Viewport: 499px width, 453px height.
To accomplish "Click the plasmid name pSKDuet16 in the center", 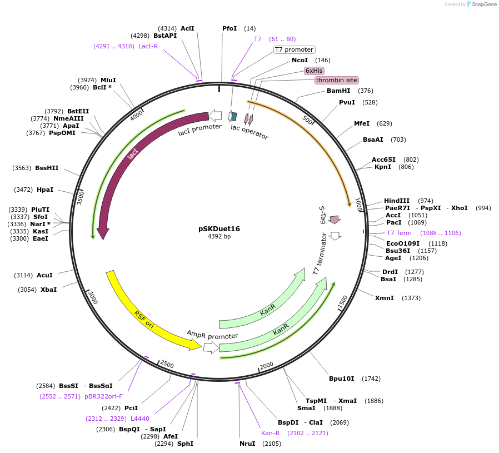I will tap(219, 228).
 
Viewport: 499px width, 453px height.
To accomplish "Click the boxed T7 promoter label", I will tap(294, 49).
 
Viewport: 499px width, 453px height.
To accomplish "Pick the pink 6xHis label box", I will tap(314, 71).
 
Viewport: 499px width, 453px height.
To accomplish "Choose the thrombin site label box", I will tap(336, 80).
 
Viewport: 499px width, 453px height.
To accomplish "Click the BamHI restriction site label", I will tap(338, 91).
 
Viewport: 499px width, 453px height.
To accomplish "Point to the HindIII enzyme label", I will tap(397, 201).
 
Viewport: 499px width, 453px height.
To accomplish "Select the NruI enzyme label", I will tap(247, 444).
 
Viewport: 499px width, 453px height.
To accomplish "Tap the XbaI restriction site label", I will tap(48, 290).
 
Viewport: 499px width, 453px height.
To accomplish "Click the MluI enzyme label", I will tap(108, 80).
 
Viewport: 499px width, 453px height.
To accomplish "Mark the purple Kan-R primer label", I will tap(271, 433).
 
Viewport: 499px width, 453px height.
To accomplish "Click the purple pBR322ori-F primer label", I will tap(103, 396).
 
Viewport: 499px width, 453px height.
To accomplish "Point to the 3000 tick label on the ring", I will tap(93, 298).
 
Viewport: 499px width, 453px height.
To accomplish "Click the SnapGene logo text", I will tap(483, 4).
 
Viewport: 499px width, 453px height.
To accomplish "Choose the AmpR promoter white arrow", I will tap(211, 347).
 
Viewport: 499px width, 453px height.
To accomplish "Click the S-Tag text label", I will tap(322, 214).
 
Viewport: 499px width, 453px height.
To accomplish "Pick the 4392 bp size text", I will tap(219, 236).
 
